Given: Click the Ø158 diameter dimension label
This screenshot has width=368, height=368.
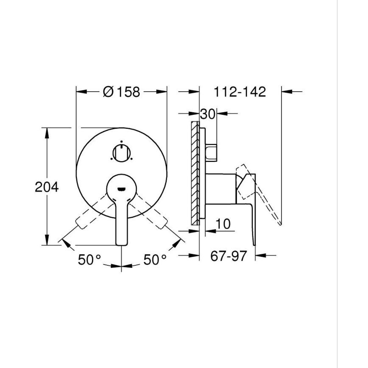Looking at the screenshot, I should [121, 92].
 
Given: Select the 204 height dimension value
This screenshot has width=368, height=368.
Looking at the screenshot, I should [47, 187].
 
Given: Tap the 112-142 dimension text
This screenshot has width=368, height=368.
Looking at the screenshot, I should [240, 92].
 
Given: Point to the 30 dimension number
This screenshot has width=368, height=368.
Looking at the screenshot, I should [208, 114].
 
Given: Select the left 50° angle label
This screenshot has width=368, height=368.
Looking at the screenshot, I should [89, 260].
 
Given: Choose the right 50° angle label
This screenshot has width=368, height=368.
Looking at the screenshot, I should [155, 260].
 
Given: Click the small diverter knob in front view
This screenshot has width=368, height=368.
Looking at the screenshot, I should [121, 153].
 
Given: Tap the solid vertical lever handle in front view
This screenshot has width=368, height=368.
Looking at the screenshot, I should [122, 220].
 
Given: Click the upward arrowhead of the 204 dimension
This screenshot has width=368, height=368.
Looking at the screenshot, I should [47, 132].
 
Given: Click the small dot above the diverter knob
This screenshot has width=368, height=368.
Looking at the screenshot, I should [121, 142].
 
